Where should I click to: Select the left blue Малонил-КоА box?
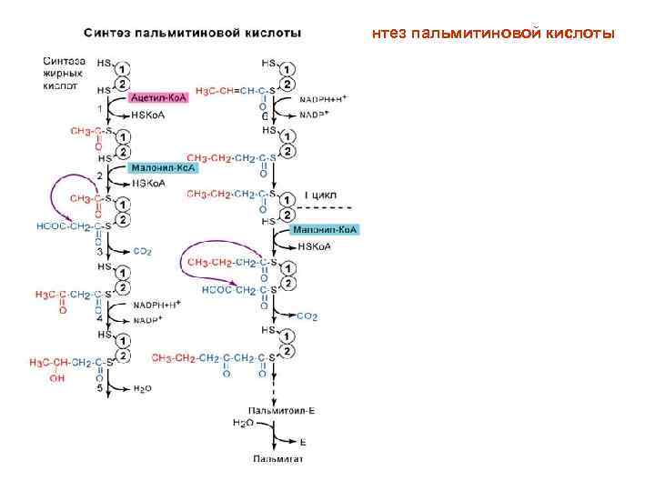pos(163,168)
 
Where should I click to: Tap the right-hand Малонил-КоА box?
pos(326,231)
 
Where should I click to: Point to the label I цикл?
pos(320,194)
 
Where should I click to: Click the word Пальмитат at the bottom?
pos(277,458)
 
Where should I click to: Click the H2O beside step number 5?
pos(142,388)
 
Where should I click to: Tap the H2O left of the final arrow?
pos(242,422)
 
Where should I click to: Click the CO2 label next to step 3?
pos(142,251)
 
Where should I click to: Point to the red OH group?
pos(58,379)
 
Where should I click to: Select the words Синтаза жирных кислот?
pos(64,74)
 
